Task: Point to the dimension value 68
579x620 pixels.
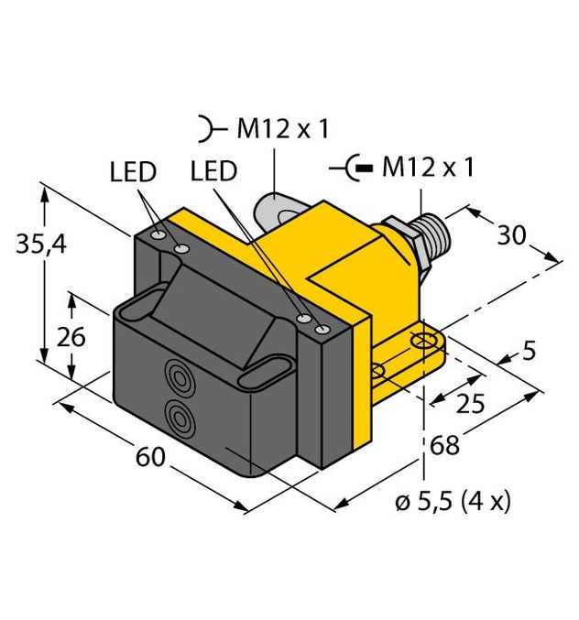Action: [x=446, y=448]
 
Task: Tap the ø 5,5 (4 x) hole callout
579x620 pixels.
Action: [x=453, y=502]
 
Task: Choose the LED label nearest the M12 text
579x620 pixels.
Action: [x=214, y=170]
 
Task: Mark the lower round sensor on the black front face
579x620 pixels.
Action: [x=178, y=419]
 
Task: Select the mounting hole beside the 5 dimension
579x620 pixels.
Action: [x=423, y=342]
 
